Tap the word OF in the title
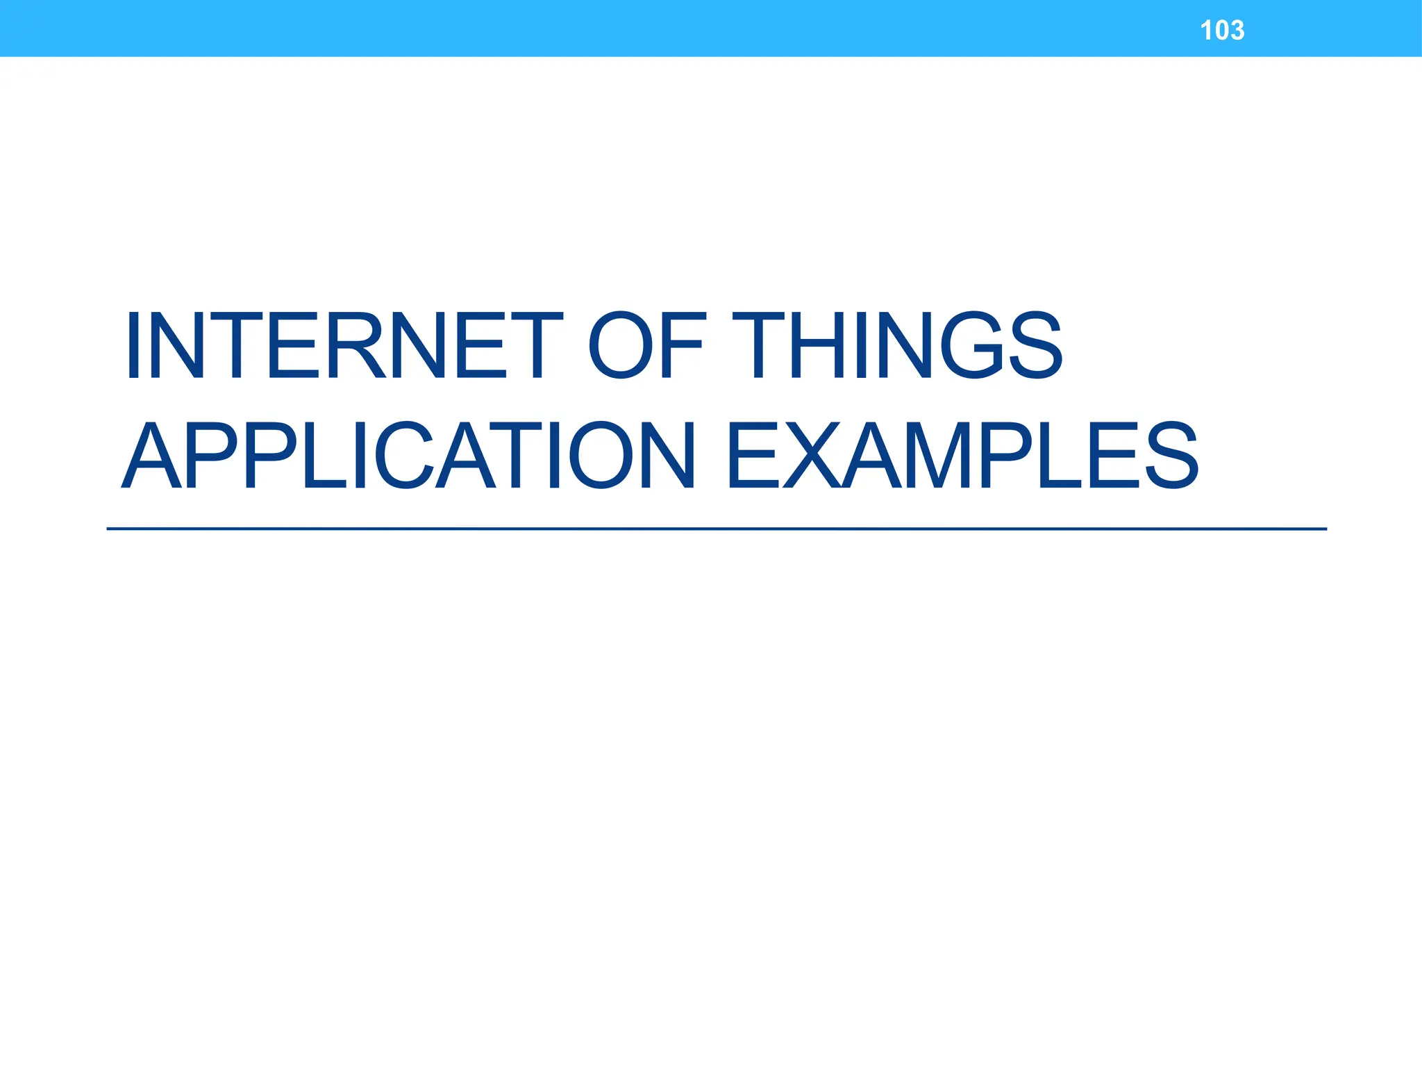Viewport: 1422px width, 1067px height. point(646,345)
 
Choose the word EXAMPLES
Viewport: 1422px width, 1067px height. point(962,455)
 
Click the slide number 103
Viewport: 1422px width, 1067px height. point(1222,31)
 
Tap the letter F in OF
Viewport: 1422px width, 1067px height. point(684,345)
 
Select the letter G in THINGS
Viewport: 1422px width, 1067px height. point(973,345)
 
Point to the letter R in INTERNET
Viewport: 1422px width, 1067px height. point(355,345)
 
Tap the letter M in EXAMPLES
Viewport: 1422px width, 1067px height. point(965,455)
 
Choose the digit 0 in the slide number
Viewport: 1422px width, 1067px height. point(1222,31)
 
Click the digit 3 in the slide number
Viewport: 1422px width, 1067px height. point(1236,31)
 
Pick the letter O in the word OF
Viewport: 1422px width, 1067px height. point(621,345)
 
